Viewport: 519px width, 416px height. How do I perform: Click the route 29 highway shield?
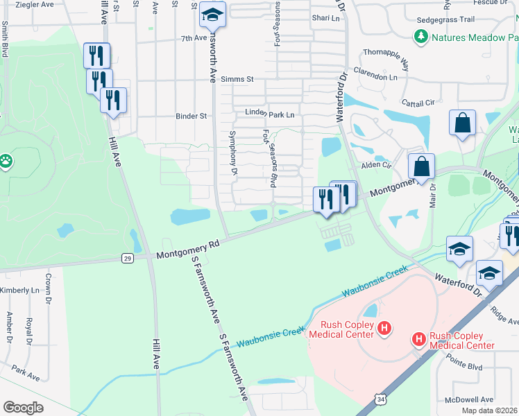pos(127,257)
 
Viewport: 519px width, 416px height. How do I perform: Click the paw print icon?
pos(6,162)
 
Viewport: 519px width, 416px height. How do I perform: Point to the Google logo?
pos(23,407)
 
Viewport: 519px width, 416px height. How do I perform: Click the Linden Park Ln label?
pos(270,114)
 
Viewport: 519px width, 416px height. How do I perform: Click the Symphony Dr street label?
pos(233,152)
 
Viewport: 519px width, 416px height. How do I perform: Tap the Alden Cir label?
pos(377,166)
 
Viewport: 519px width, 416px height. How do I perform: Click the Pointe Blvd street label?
pos(463,365)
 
